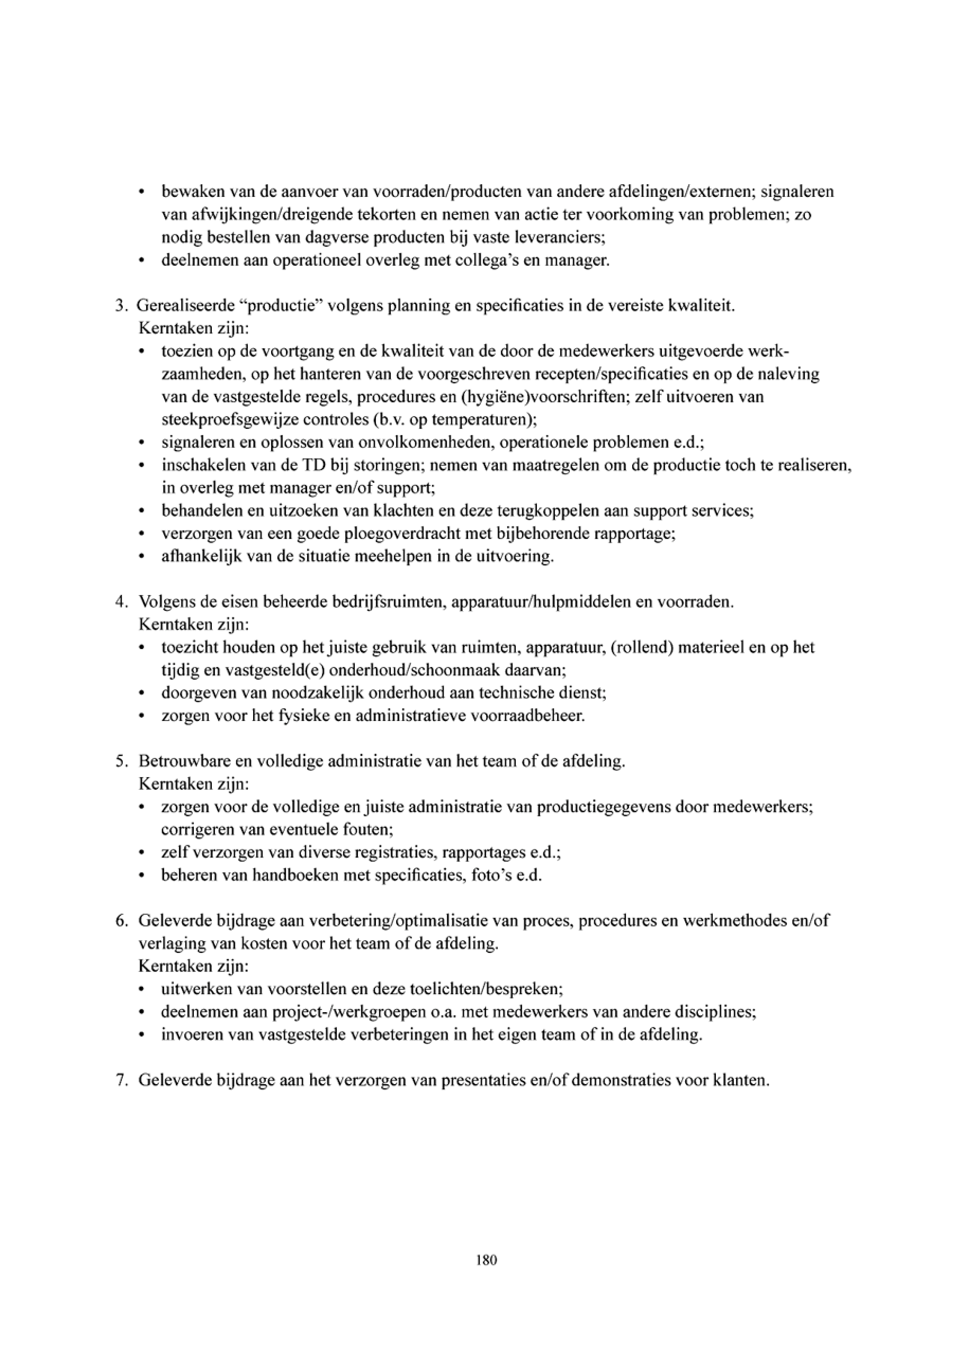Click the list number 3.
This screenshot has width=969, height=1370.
click(x=119, y=305)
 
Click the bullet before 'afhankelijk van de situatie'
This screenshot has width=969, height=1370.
click(x=141, y=557)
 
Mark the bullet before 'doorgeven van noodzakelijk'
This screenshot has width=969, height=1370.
click(x=141, y=693)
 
